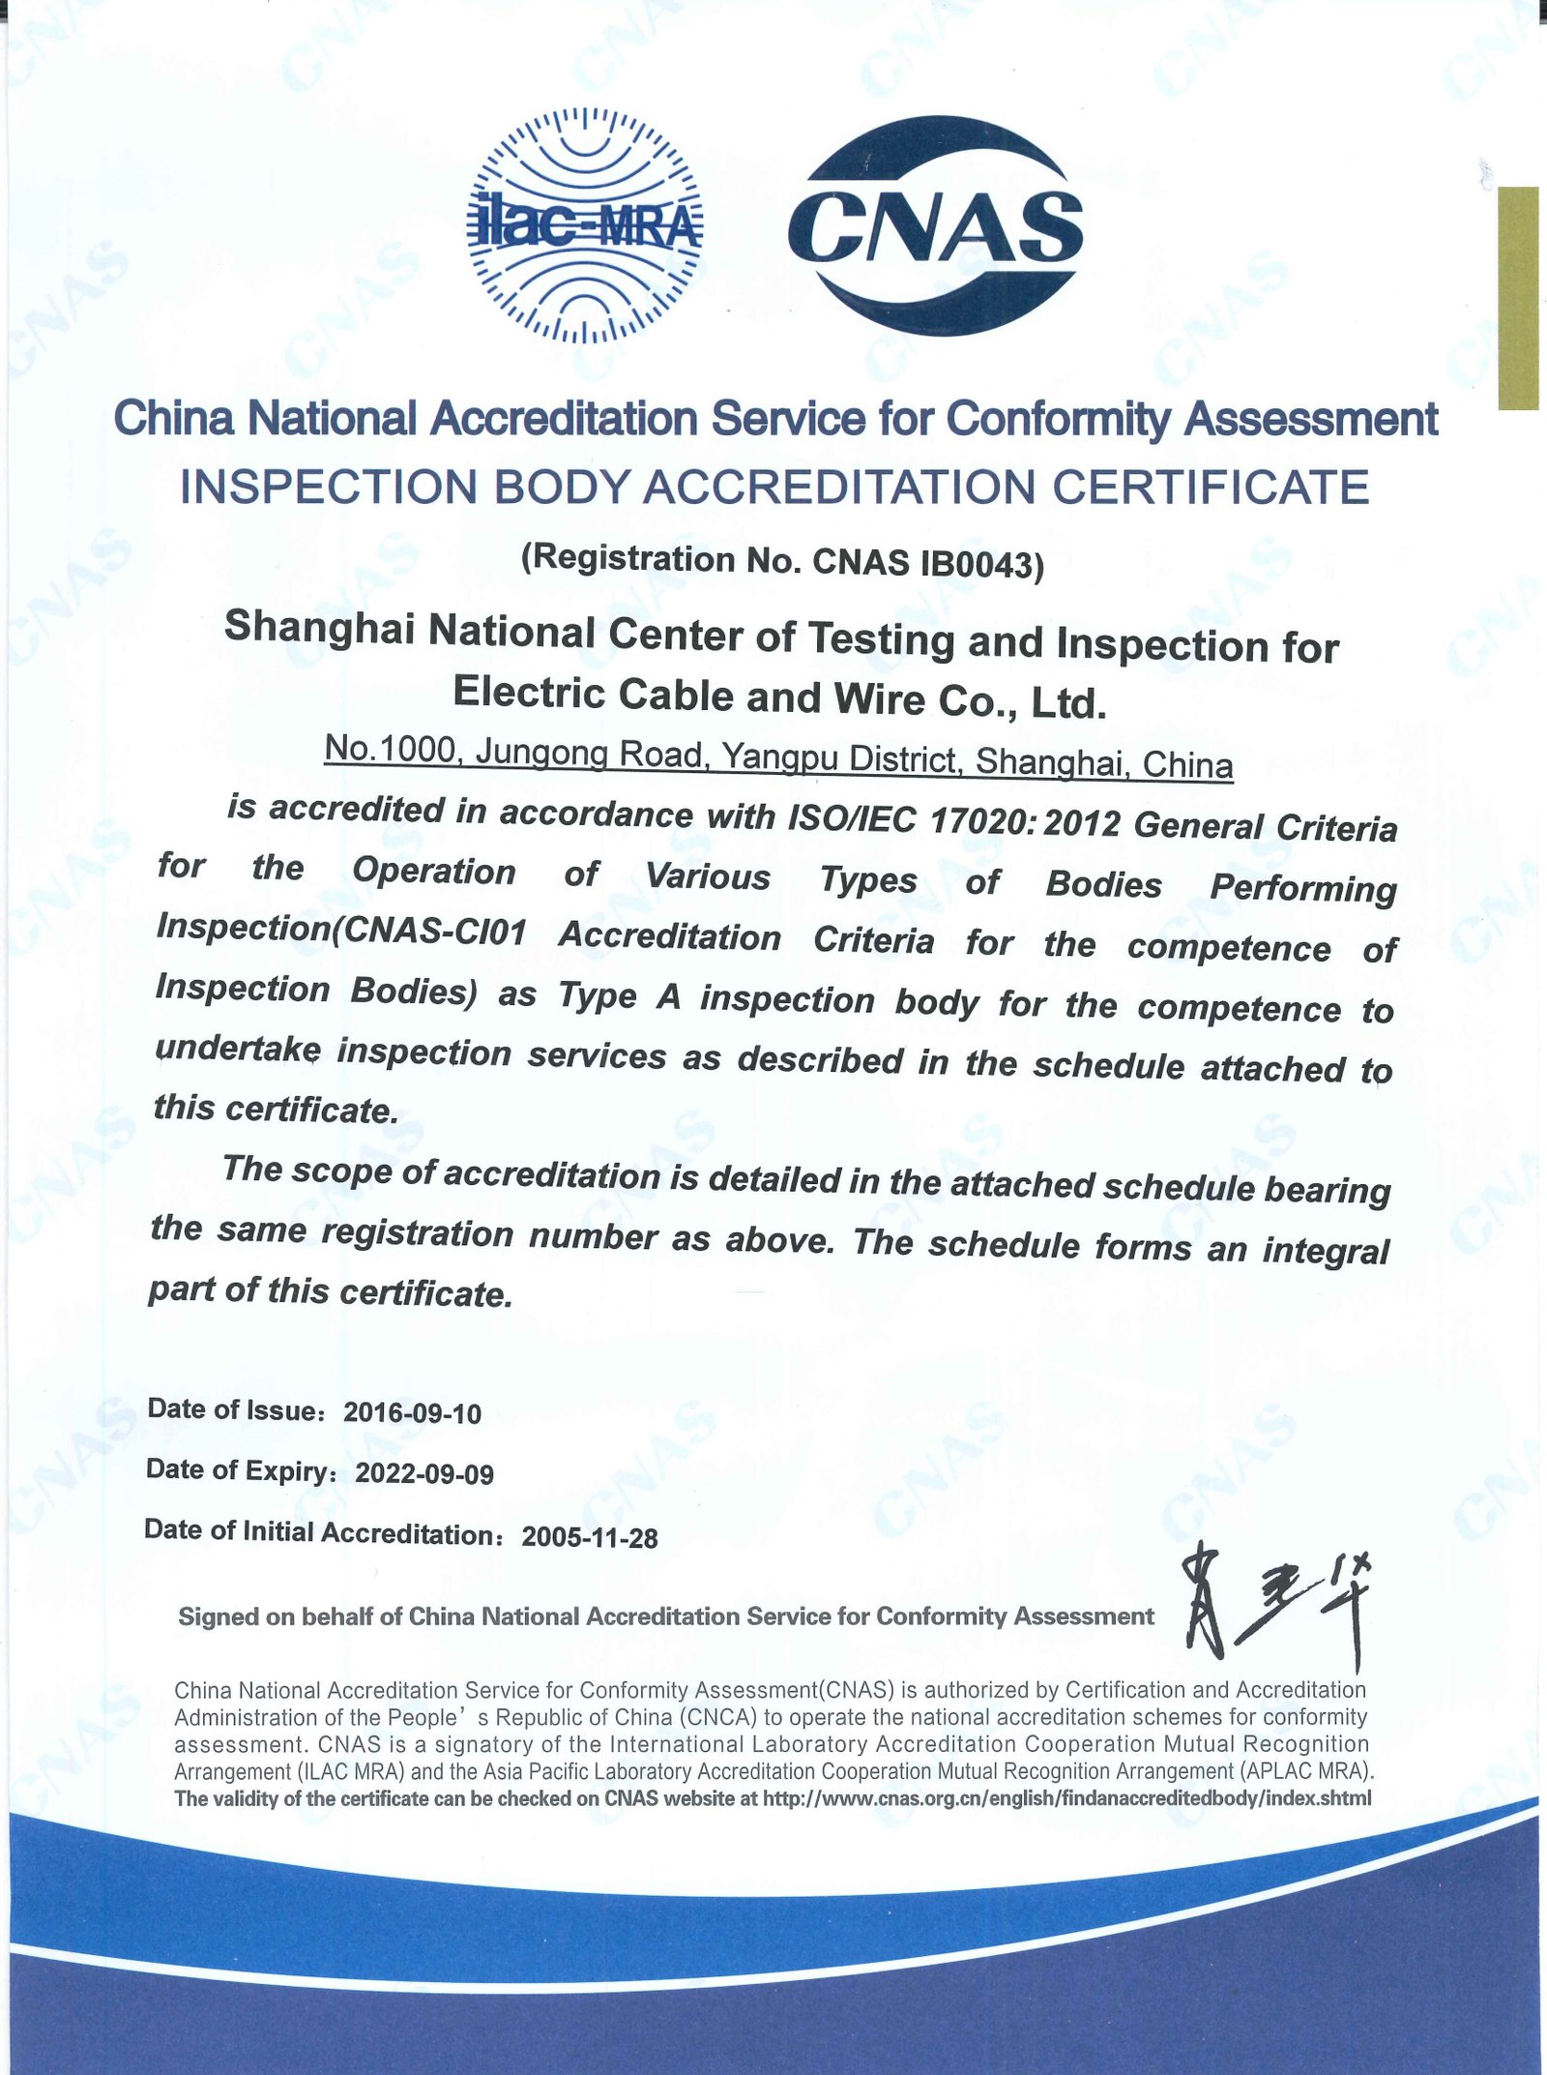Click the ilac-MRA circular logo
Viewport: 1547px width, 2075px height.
click(584, 225)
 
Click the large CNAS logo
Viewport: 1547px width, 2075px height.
click(935, 225)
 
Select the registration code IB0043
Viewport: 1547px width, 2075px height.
click(977, 563)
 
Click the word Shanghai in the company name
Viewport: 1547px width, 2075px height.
click(319, 628)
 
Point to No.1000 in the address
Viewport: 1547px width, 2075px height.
click(390, 748)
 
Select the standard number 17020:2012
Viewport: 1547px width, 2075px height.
click(1024, 821)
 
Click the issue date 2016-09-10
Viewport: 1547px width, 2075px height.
click(412, 1413)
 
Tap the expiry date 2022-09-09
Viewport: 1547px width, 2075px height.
click(424, 1473)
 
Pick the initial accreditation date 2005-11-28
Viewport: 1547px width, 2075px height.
click(590, 1537)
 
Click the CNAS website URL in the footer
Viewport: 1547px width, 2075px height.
click(1066, 1798)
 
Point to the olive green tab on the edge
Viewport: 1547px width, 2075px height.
click(1518, 298)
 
